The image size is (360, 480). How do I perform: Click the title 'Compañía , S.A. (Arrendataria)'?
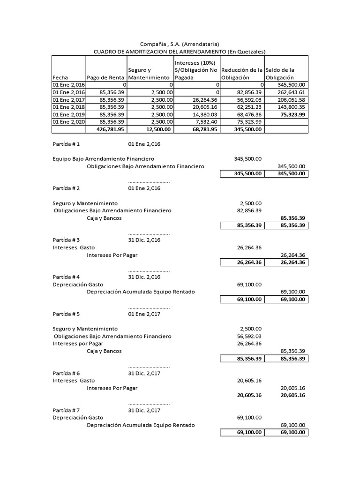pos(180,44)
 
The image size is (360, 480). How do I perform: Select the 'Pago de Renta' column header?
pos(106,77)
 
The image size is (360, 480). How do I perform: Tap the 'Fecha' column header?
pos(60,77)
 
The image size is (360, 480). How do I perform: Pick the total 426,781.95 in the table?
pos(110,129)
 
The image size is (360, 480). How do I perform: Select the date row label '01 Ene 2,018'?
pos(68,107)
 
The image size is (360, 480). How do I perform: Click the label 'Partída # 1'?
pos(66,144)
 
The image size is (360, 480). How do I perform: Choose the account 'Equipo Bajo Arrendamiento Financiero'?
pos(103,159)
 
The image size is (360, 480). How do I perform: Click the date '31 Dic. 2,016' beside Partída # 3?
pos(144,240)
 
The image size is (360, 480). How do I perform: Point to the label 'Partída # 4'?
pos(66,277)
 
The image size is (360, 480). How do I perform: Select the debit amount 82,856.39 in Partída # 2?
pos(249,210)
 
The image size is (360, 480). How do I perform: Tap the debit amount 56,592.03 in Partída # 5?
pos(249,336)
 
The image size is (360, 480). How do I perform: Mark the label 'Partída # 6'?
pos(66,373)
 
